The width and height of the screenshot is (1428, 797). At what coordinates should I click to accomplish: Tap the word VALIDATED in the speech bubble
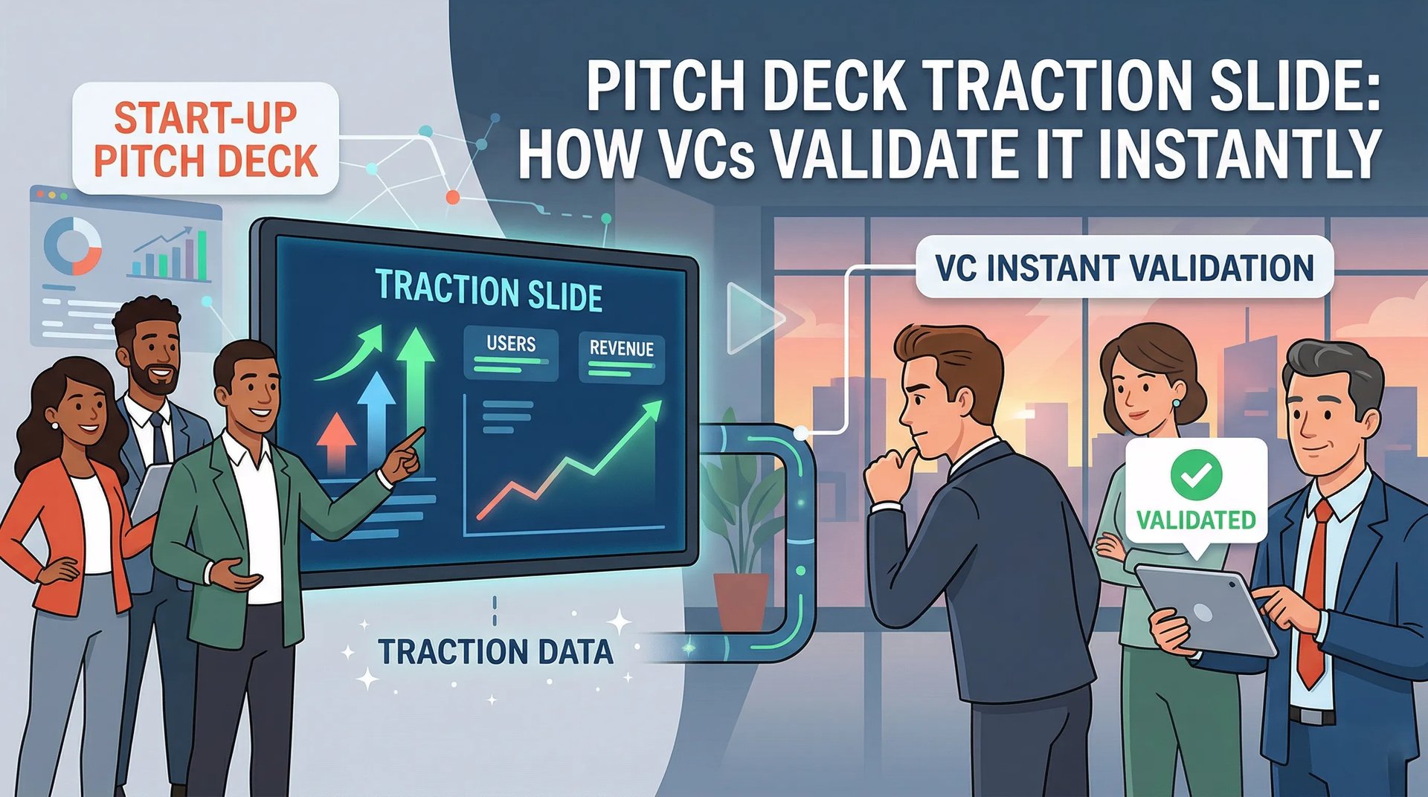click(1195, 520)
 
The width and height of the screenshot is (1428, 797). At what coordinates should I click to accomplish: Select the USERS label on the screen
click(511, 343)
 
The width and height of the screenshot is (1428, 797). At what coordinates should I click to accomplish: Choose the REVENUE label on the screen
click(621, 348)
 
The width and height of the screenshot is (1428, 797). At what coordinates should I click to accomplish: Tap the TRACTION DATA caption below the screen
click(495, 652)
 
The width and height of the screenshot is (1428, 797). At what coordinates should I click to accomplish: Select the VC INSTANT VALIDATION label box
click(1124, 268)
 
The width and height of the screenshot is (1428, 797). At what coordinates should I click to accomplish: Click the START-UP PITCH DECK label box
click(205, 139)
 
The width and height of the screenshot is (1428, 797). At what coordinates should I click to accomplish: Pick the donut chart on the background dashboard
click(72, 245)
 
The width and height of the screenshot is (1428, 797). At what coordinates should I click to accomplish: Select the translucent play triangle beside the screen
click(751, 318)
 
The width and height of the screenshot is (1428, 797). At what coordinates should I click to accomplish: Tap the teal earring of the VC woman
click(1177, 403)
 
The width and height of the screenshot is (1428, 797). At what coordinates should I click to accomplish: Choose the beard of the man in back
click(158, 381)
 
